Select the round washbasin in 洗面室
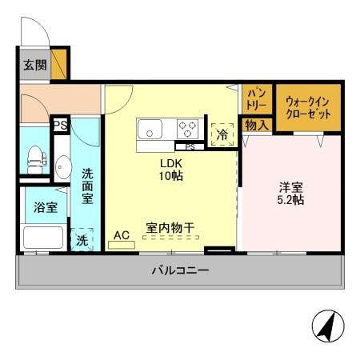tap(62, 169)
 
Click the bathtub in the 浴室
tap(42, 237)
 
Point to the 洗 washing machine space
tap(82, 239)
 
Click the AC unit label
tap(122, 235)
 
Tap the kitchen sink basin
tap(150, 129)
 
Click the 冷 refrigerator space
tap(222, 134)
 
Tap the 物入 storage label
tap(256, 125)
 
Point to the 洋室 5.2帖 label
tap(290, 193)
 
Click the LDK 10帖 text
tap(170, 169)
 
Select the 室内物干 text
tap(170, 227)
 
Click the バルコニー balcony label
tap(181, 270)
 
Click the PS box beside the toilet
tap(60, 125)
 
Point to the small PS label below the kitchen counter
tap(190, 147)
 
